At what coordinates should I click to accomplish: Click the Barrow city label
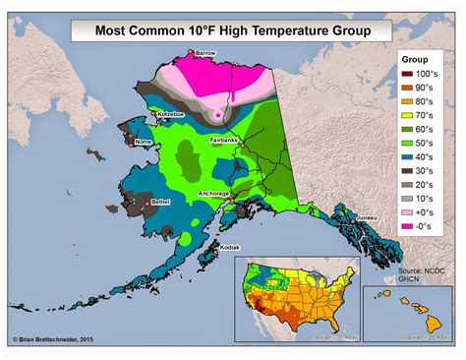205,52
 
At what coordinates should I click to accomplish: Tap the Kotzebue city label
171,116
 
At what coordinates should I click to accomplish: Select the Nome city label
144,142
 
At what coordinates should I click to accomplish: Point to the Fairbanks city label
224,141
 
